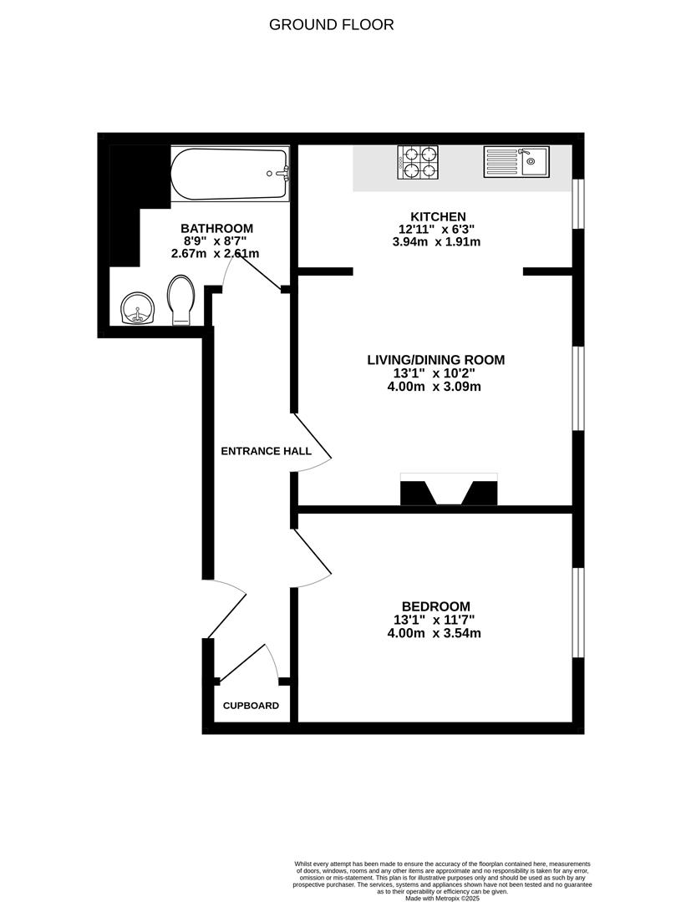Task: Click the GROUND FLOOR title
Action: tap(331, 24)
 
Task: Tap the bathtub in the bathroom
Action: tap(230, 175)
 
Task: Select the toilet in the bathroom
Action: tap(181, 301)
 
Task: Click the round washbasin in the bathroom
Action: tap(137, 309)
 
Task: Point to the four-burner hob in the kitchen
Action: tap(418, 162)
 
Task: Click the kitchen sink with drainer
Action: tap(516, 162)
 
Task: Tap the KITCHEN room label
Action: tap(432, 216)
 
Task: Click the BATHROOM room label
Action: tap(216, 228)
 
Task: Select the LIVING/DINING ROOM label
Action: tap(436, 360)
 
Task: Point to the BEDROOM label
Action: tap(435, 606)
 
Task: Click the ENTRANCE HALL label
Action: tap(266, 451)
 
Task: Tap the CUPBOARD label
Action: tap(251, 706)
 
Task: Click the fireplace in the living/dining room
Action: tap(449, 490)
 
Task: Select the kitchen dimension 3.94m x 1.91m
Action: tap(436, 242)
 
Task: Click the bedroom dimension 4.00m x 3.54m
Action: tap(436, 633)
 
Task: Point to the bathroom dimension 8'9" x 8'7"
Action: tap(216, 241)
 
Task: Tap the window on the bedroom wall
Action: tap(577, 612)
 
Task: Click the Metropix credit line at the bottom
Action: tap(443, 898)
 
